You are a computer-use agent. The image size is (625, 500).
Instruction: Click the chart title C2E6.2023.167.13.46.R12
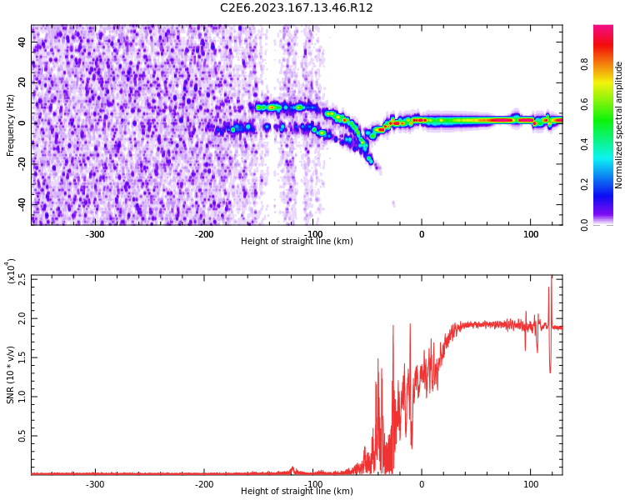tap(296, 8)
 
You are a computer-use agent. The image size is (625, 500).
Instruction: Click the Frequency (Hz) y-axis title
tap(11, 125)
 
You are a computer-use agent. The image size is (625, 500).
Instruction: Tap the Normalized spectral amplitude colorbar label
tap(619, 125)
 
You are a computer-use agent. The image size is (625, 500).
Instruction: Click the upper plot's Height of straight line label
tap(296, 242)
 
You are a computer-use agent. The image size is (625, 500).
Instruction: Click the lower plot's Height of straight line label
tap(296, 492)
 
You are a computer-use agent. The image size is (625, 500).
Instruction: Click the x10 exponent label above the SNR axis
tap(11, 271)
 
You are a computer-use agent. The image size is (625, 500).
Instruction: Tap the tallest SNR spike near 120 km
tap(551, 277)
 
